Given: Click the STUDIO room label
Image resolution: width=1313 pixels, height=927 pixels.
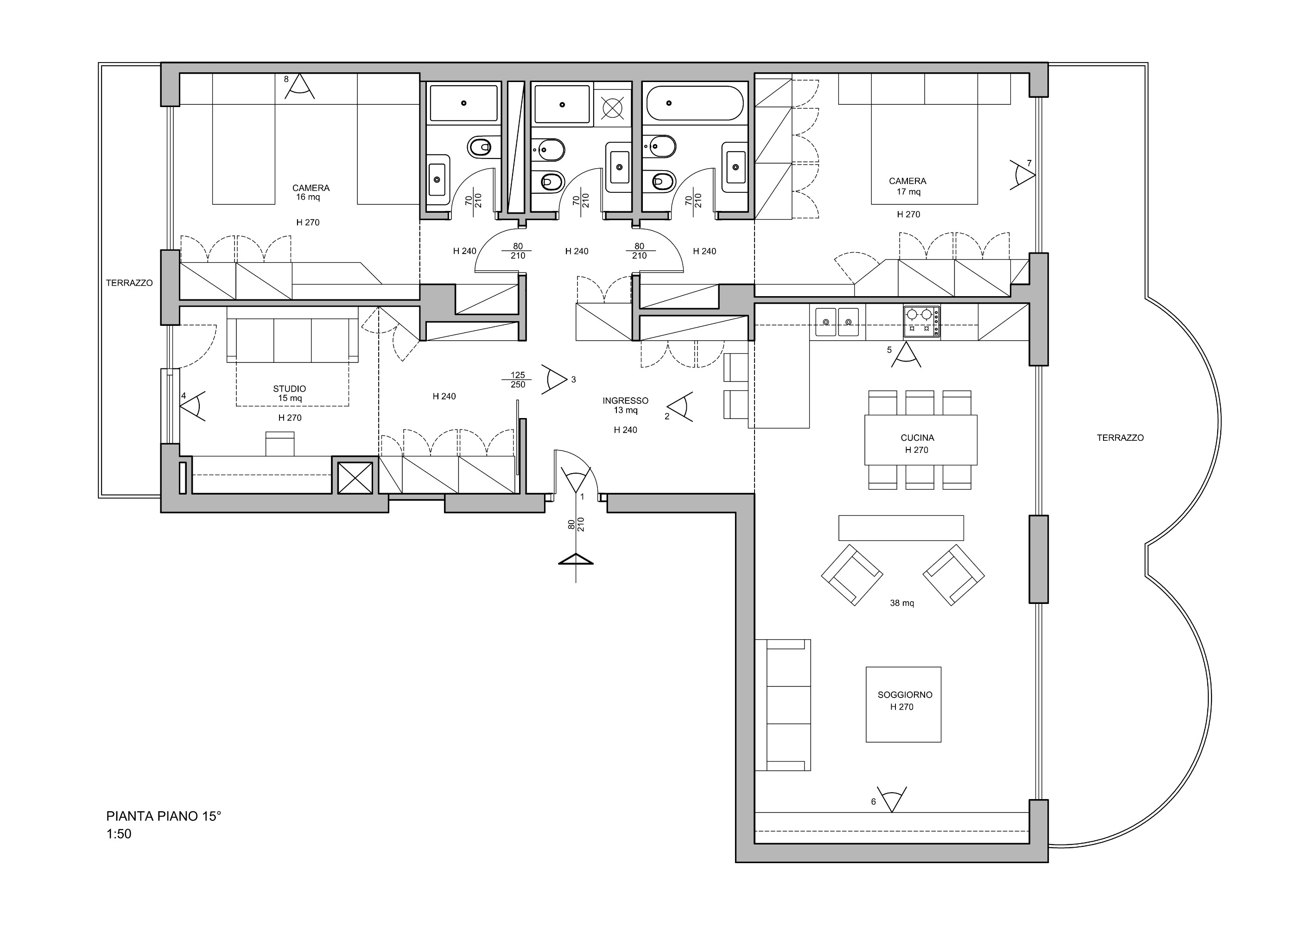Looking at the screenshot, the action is coord(289,389).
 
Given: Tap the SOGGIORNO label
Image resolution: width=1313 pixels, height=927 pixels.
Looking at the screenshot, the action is coord(905,695).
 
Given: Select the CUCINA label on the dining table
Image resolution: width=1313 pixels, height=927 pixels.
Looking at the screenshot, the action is coord(917,438).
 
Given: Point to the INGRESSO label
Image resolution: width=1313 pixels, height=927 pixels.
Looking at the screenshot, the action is coord(625,401).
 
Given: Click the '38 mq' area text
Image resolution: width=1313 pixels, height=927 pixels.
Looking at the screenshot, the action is coord(902,603).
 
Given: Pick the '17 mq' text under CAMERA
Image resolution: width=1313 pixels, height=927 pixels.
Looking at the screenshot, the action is coord(908,191).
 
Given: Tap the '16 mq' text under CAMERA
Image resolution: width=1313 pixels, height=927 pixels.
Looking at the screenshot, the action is coord(308,197).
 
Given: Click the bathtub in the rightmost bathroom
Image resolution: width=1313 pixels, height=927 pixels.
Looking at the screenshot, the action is coord(695,103).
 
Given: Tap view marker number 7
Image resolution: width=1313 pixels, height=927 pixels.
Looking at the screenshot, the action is coord(1023,174).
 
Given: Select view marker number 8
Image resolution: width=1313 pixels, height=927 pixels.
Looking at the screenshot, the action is coord(298,86).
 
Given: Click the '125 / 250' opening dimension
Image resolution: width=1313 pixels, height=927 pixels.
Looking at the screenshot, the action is coord(518,380).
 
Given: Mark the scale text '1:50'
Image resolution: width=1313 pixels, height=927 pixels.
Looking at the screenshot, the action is coord(119,834).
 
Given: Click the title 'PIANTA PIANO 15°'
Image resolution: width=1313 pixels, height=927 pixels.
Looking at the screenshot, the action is coord(164,816).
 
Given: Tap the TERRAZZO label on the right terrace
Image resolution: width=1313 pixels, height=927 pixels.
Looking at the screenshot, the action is coord(1120,438).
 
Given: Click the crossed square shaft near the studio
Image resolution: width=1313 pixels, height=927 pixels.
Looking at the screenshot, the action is coord(355,477).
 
